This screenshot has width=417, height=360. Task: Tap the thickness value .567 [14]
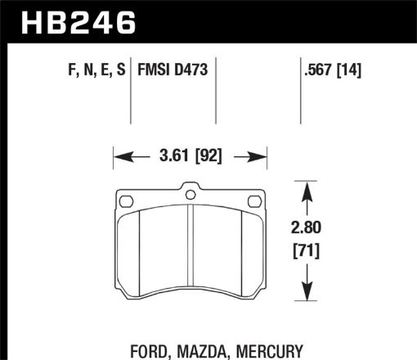coord(330,72)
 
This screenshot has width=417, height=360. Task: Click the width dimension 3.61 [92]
coord(190,153)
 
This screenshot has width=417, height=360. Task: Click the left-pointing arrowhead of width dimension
coord(117,153)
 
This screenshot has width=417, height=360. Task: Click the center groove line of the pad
coord(190,254)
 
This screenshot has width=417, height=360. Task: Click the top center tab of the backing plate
coord(190,193)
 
